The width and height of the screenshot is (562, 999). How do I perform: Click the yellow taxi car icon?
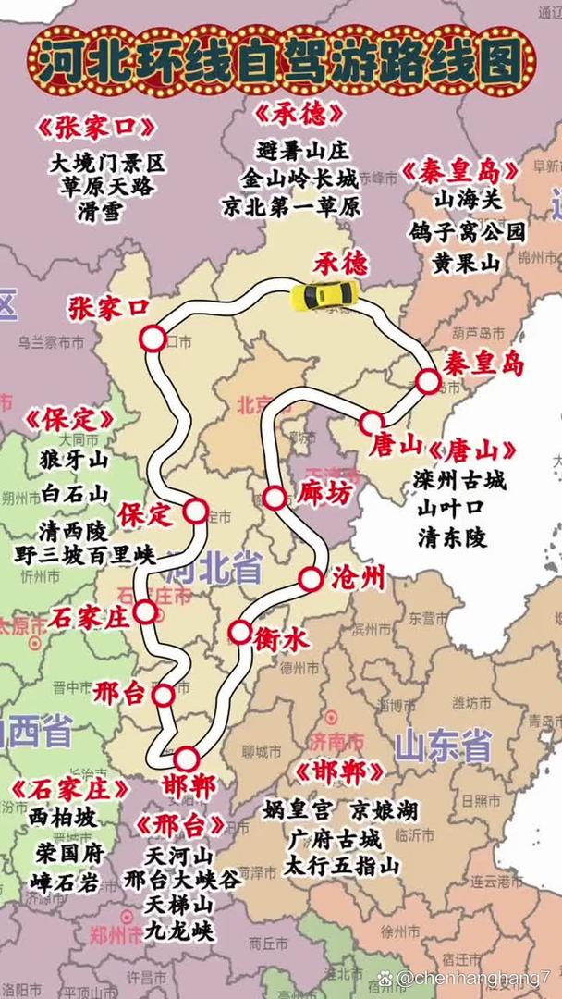(324, 294)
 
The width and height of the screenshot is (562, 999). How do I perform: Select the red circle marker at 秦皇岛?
(427, 381)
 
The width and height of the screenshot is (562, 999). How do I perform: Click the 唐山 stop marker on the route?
(372, 423)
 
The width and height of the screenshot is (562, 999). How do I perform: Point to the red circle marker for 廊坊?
(275, 497)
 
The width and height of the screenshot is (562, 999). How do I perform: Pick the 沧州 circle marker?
(311, 580)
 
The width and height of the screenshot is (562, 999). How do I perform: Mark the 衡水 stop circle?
(239, 632)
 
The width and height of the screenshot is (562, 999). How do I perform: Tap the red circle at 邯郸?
(187, 758)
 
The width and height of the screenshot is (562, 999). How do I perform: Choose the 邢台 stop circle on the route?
(164, 695)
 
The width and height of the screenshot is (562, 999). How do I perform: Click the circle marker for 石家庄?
(145, 611)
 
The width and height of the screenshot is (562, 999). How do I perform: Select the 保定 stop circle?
(196, 510)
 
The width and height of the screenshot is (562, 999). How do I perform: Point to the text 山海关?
(466, 198)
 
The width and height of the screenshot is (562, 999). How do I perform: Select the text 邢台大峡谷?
(182, 879)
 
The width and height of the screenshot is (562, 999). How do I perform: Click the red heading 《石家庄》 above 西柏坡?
(70, 789)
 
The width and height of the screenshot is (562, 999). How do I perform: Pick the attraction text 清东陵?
(452, 537)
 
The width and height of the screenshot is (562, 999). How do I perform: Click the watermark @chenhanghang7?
(475, 977)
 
